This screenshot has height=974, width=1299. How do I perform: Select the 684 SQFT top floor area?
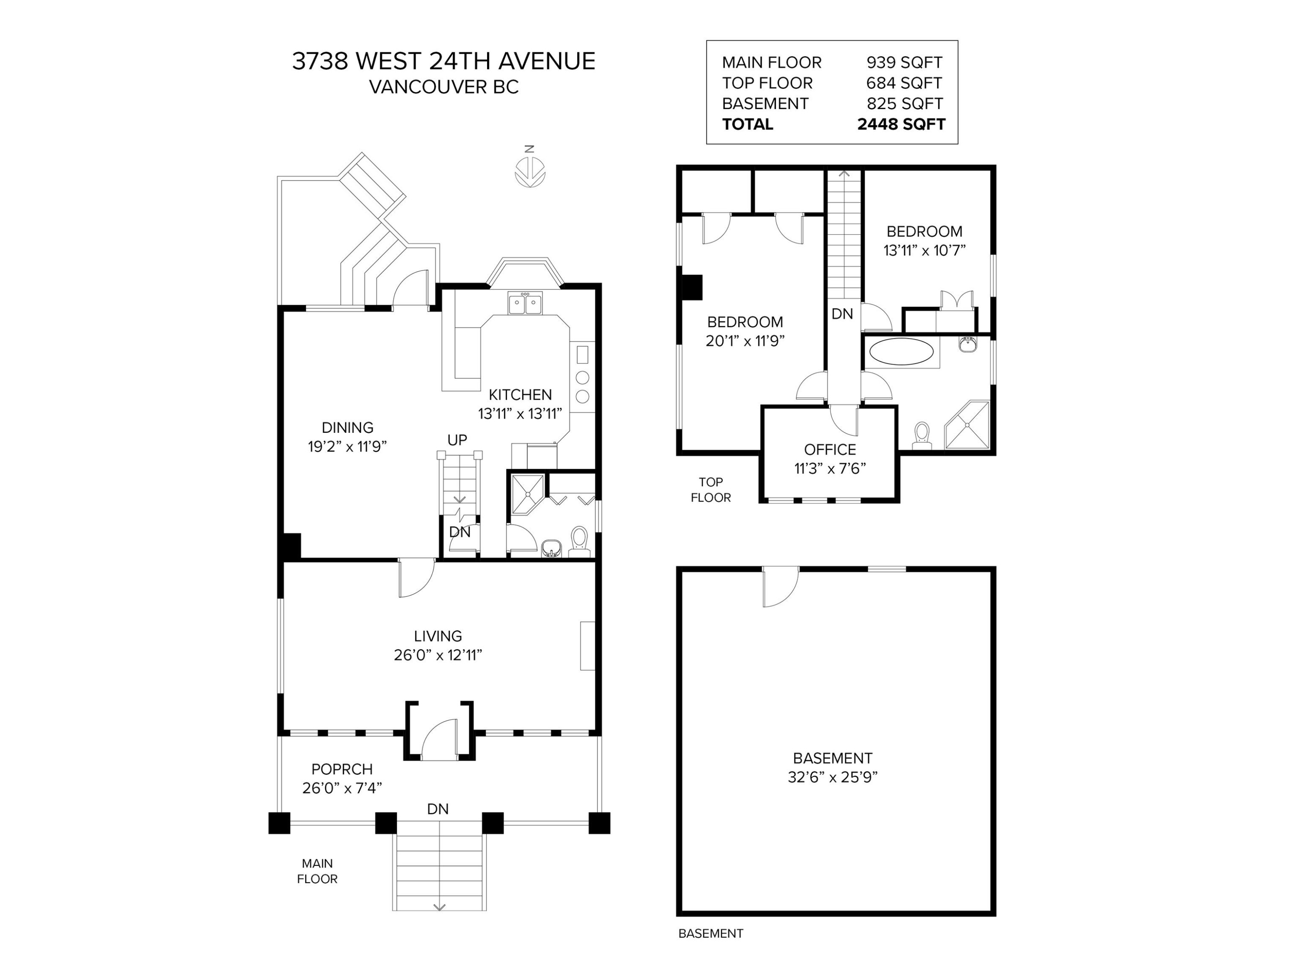(x=904, y=83)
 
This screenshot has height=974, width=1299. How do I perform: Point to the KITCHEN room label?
(x=520, y=394)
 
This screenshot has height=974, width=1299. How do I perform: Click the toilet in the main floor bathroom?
(x=579, y=541)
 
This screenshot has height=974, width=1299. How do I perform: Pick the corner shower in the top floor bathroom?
(x=966, y=425)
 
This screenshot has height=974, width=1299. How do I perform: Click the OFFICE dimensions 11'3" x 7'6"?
(x=830, y=468)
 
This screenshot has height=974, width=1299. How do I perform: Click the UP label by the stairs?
(x=457, y=440)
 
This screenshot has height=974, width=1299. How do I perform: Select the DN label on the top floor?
(x=842, y=314)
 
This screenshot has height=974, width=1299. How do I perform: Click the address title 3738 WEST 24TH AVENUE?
(x=444, y=61)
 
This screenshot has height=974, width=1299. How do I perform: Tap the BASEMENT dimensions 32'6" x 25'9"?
(x=833, y=777)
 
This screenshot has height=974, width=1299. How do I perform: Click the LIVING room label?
(x=438, y=636)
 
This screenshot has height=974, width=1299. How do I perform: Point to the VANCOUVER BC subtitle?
(x=444, y=87)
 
